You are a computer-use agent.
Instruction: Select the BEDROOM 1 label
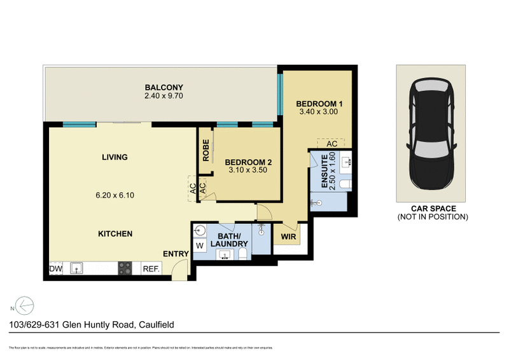point(319,103)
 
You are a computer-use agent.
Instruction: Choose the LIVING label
point(114,157)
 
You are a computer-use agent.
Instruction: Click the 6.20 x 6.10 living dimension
point(114,197)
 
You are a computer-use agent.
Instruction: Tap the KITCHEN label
point(115,234)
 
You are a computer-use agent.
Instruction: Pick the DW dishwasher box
point(55,269)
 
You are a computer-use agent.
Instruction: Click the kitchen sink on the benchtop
point(77,268)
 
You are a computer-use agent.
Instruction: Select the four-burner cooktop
point(124,269)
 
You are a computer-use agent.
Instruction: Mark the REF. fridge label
point(151,269)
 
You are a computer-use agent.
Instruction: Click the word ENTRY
point(176,254)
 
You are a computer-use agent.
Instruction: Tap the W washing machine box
point(199,246)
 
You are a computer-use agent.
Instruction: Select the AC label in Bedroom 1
point(331,144)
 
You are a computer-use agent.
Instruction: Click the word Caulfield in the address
point(156,325)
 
